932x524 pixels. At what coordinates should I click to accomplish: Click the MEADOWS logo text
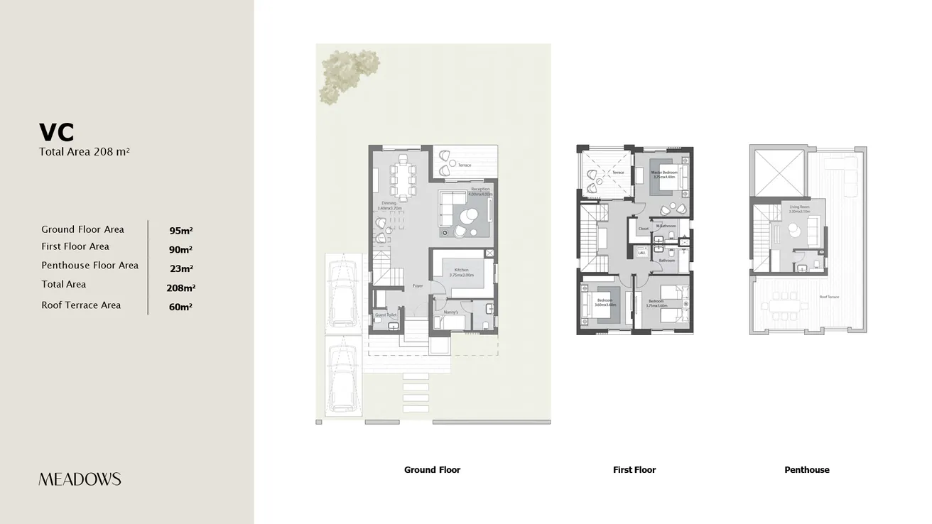80,479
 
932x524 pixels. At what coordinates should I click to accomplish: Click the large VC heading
57,133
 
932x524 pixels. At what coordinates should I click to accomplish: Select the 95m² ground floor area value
181,231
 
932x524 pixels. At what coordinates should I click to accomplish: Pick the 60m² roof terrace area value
181,307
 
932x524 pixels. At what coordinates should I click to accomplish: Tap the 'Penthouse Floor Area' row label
90,266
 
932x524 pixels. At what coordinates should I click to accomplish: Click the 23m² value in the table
181,269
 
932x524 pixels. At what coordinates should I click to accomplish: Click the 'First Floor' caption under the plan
634,470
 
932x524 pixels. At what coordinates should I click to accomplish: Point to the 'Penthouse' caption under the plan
806,470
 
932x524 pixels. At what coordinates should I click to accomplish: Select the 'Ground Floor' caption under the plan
432,470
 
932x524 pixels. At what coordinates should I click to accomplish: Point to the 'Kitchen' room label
462,271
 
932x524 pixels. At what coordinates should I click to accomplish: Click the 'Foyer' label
418,286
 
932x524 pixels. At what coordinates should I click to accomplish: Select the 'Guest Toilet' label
386,315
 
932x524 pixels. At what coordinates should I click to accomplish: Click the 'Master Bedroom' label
664,173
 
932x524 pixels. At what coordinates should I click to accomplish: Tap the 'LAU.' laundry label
641,253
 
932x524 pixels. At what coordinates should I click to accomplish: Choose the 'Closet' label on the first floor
643,229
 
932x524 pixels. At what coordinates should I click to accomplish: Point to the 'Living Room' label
799,207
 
